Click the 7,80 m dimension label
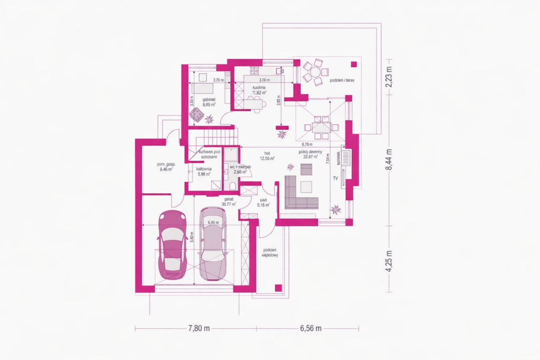[x=199, y=328]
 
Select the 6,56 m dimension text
[x=311, y=328]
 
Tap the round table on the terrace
[x=315, y=72]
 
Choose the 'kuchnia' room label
[x=258, y=87]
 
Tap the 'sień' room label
[x=263, y=200]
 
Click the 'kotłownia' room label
[x=204, y=169]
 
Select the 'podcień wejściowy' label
[x=269, y=251]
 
